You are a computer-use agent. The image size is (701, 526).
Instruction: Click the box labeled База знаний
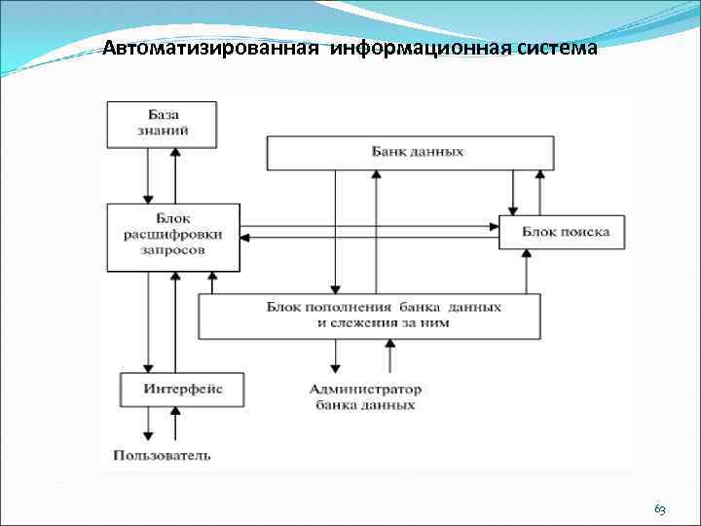(x=161, y=124)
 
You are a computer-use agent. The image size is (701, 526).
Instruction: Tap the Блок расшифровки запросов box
(x=173, y=236)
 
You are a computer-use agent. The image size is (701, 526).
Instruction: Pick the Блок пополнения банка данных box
(x=370, y=316)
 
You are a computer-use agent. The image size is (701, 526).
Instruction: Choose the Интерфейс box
(x=182, y=389)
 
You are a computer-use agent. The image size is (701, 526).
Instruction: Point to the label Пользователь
(x=162, y=454)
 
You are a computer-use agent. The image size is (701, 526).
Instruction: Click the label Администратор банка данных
(x=365, y=396)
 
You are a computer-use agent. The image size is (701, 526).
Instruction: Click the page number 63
(x=659, y=509)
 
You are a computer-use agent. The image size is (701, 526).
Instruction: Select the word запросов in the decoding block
(x=173, y=250)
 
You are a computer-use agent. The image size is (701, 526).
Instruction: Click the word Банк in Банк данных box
(x=388, y=153)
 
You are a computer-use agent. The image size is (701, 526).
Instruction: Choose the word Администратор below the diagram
(x=365, y=389)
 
